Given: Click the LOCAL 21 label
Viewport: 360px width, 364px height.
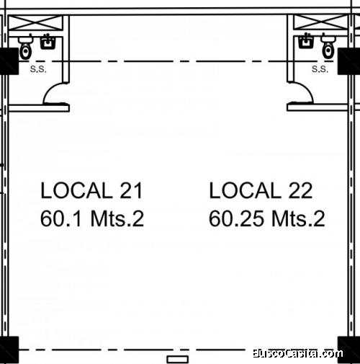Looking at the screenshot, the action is [92, 190].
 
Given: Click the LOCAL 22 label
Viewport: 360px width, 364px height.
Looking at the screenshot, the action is [261, 190].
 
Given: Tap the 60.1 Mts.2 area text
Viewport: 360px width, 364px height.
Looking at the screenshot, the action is [92, 218].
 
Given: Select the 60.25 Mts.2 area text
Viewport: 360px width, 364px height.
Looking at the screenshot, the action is [267, 218].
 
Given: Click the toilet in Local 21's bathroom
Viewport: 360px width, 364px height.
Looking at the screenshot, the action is [25, 48].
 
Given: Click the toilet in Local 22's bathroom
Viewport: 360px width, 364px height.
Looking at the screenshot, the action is [328, 48].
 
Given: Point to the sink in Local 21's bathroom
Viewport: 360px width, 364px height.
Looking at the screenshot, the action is [48, 42].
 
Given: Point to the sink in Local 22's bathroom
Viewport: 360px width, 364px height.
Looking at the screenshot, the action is [305, 40].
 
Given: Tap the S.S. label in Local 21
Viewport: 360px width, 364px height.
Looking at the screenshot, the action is [38, 69].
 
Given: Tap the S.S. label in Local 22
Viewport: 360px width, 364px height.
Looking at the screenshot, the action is [320, 69].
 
